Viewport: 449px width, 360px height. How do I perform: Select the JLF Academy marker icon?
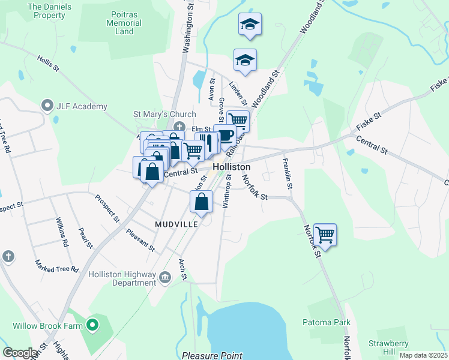pos(47,106)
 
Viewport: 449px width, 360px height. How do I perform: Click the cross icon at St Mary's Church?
pos(179,127)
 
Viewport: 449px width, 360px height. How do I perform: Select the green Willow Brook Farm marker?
pos(92,326)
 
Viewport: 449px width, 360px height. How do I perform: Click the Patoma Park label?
pos(326,322)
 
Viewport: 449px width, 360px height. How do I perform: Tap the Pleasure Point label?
pos(212,355)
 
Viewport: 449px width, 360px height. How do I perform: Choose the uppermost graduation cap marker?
pos(250,25)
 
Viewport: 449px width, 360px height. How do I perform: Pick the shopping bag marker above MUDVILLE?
pos(202,202)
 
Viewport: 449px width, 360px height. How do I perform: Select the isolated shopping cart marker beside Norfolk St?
pos(325,234)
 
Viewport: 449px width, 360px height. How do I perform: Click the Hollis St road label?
pos(48,64)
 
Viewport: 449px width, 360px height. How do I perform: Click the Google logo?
pos(20,353)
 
